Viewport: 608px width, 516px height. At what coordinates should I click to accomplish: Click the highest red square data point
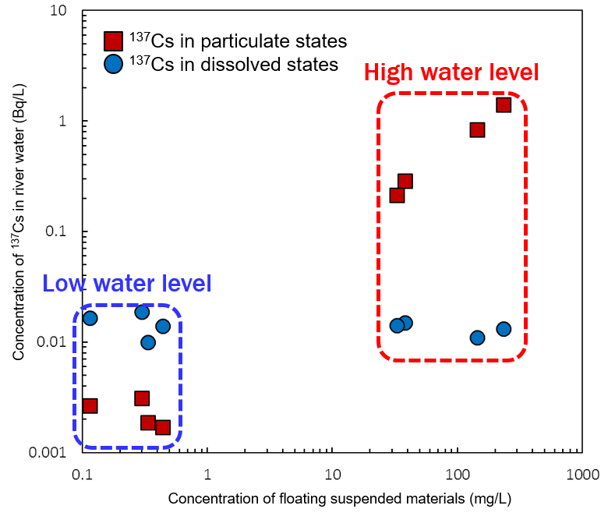[504, 104]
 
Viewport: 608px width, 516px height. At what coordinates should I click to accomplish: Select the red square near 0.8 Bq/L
[477, 129]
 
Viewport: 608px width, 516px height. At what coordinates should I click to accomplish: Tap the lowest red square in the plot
[163, 427]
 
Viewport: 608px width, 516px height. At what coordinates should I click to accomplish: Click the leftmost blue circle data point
[90, 318]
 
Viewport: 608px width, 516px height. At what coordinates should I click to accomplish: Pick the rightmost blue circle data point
[504, 329]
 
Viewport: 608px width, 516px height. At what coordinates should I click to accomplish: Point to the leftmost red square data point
[90, 405]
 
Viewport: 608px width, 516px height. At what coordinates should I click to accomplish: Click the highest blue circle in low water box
[142, 312]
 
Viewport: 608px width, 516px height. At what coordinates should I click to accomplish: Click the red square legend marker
[114, 41]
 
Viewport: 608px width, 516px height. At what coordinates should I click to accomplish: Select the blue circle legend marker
[114, 64]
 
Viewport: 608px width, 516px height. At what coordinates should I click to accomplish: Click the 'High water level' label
[451, 73]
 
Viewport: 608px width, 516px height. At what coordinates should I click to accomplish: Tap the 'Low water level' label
[126, 284]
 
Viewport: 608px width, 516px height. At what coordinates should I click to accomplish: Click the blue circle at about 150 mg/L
[477, 338]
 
